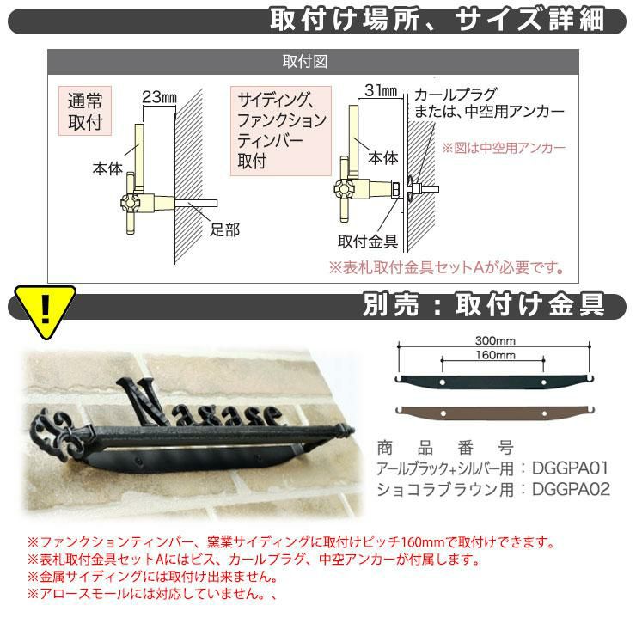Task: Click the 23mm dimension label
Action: pos(159,97)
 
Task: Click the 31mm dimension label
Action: pos(381,90)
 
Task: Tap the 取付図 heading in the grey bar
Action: pos(305,62)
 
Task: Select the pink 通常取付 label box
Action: pos(85,111)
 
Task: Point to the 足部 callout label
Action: pos(224,229)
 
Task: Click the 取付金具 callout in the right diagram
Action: pos(368,242)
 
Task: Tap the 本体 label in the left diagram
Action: pos(107,168)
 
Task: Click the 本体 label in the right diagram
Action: pos(383,157)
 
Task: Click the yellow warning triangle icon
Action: pos(45,309)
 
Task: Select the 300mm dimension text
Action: pos(495,340)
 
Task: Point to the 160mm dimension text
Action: pos(495,355)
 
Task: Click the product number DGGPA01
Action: pos(571,468)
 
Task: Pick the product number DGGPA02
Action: pos(571,489)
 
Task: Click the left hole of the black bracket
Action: pos(443,382)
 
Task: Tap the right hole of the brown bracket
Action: pos(544,413)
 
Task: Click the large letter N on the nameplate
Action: pos(141,401)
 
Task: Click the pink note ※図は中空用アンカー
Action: pos(504,148)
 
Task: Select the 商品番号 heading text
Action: pos(445,448)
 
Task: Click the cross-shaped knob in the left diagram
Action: pos(131,202)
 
